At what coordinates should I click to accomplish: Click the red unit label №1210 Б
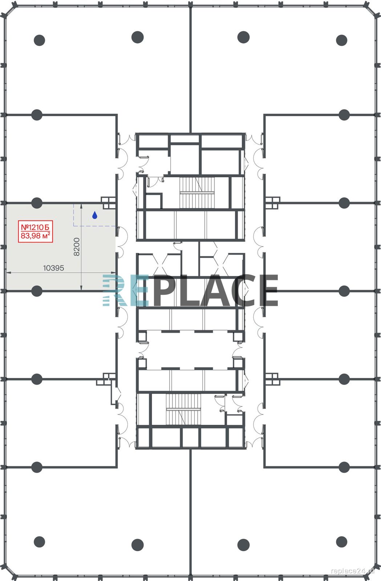[35, 227]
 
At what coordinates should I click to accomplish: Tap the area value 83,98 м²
[35, 236]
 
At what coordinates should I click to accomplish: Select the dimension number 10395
[53, 268]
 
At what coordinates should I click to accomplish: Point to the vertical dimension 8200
[77, 247]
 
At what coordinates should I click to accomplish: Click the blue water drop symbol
[95, 215]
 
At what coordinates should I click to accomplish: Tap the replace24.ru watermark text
[353, 570]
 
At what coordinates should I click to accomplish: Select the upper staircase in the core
[197, 193]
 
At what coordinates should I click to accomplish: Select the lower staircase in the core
[183, 409]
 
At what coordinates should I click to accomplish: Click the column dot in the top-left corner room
[40, 40]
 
